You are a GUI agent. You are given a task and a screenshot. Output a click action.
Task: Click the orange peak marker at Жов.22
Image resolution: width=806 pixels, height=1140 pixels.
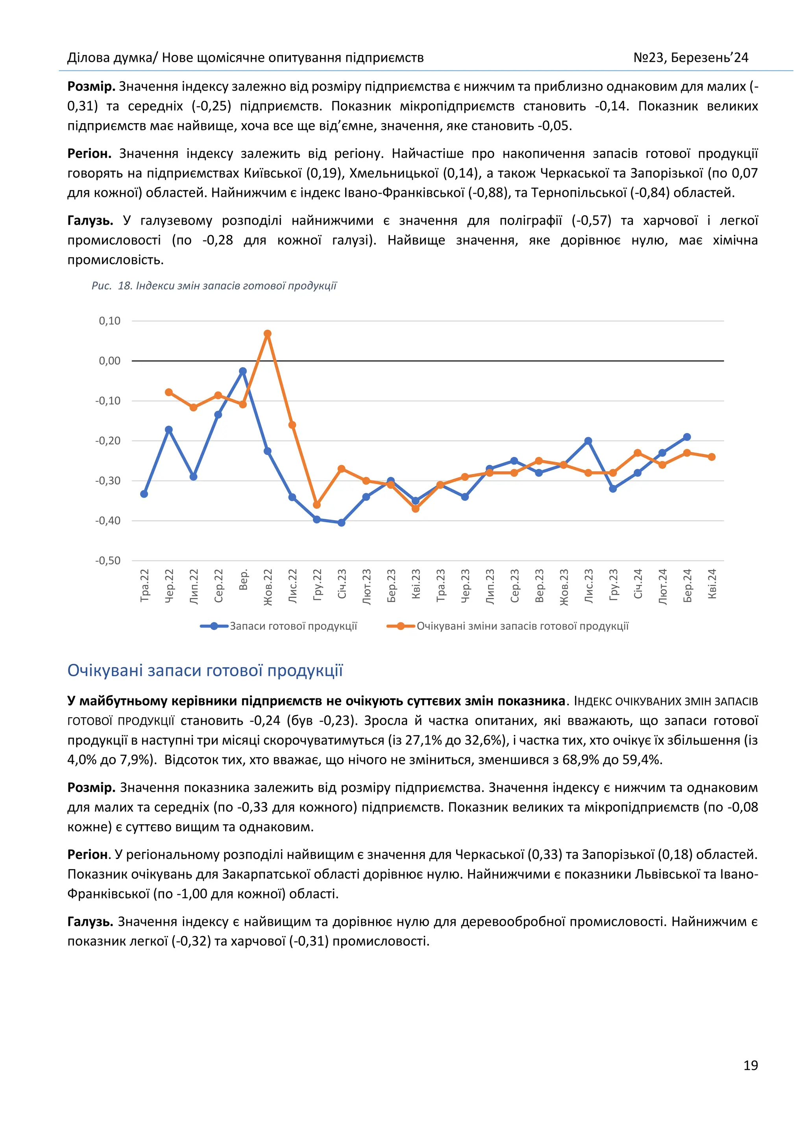coord(268,334)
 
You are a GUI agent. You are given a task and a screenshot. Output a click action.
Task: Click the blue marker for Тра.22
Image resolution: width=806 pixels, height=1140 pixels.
coord(144,494)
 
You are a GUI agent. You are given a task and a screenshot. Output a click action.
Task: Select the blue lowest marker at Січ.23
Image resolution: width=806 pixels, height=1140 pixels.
coord(342,522)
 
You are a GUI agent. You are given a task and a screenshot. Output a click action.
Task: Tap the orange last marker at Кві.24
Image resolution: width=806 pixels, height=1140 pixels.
coord(712,457)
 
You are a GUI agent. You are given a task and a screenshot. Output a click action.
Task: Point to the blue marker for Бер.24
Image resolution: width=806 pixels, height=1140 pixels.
coord(687,437)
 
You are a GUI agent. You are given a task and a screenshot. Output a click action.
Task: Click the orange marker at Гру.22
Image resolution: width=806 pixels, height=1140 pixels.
coord(317,505)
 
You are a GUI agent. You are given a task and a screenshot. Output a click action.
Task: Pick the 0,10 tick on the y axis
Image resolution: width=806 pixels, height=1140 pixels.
coord(110,321)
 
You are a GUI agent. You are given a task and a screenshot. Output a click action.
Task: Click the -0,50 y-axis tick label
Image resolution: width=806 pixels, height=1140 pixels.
coord(108,561)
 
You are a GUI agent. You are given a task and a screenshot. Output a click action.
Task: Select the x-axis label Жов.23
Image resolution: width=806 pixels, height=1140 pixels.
coord(564,587)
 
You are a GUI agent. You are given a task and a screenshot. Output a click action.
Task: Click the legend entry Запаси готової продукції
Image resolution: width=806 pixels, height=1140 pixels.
coord(293,626)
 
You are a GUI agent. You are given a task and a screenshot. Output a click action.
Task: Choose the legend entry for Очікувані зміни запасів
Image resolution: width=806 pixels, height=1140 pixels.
coord(522,626)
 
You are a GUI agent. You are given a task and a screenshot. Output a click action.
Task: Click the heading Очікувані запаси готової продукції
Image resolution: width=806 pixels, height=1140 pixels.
coord(205,670)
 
